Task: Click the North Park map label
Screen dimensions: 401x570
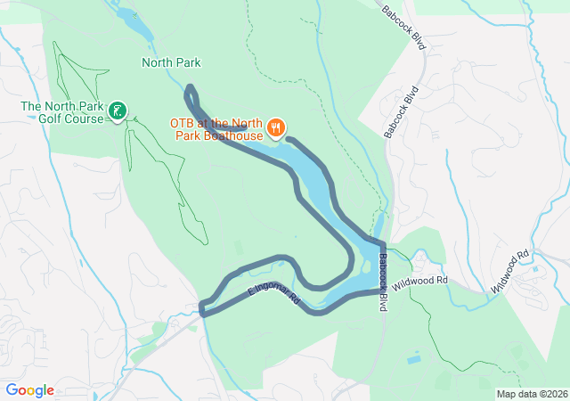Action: [171, 62]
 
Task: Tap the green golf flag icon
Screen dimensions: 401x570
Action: [117, 111]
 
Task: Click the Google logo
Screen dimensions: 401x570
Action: [30, 390]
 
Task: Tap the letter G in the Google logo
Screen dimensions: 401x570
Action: [12, 390]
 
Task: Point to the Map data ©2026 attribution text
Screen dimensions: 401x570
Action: [531, 394]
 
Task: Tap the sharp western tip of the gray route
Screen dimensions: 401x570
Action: [202, 310]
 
